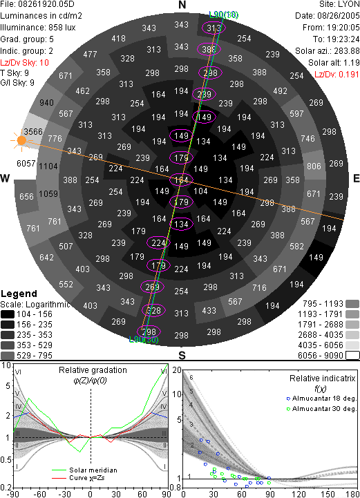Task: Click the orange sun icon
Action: tap(21, 140)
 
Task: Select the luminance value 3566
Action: tap(33, 131)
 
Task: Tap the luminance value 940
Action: tap(46, 103)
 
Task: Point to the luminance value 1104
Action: tap(48, 166)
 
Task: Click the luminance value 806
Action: tap(314, 166)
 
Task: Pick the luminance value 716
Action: tap(259, 288)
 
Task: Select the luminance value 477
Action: tap(90, 55)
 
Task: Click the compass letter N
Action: tap(182, 5)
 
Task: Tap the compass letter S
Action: tap(182, 355)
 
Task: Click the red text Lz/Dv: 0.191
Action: tap(337, 75)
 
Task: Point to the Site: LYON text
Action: tap(339, 4)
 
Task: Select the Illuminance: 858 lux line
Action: tap(38, 28)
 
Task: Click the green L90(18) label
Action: tap(224, 15)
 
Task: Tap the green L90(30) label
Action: tap(144, 340)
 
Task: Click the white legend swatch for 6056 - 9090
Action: tap(352, 356)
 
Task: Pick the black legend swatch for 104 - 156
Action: tap(8, 314)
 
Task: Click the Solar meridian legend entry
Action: tap(84, 470)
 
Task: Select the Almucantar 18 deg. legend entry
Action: tap(321, 399)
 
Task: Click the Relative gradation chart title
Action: tap(93, 370)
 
